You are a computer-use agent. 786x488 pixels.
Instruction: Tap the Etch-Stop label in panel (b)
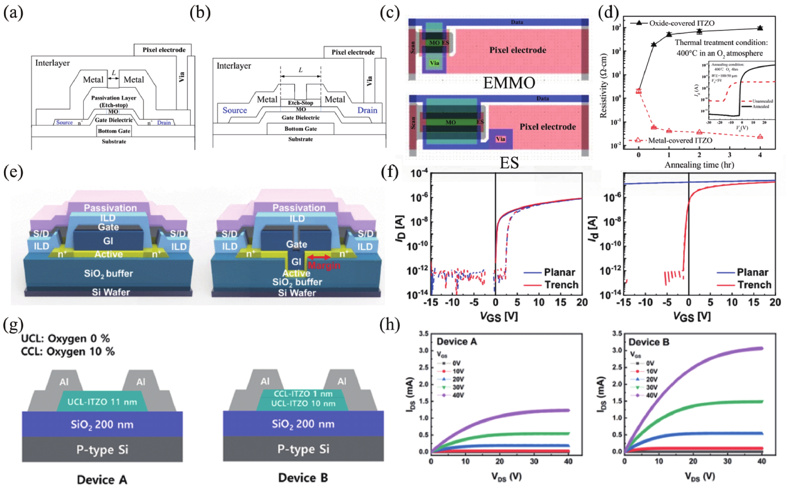coord(300,103)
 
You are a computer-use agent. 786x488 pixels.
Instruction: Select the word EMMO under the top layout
coord(509,83)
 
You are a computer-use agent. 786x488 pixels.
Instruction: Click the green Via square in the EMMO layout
coord(434,63)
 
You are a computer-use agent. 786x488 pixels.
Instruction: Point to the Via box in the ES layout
coord(500,139)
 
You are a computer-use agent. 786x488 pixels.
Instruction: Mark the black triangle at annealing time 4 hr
coord(760,28)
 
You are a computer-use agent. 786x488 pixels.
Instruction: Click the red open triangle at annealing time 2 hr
coord(699,132)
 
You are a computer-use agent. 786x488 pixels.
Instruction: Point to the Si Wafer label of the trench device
coord(297,293)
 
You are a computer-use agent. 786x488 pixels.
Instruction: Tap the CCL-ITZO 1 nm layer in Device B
coord(303,394)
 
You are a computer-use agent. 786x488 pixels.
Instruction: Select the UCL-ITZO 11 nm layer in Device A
coord(102,402)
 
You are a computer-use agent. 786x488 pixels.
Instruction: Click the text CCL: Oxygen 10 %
coord(68,351)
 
